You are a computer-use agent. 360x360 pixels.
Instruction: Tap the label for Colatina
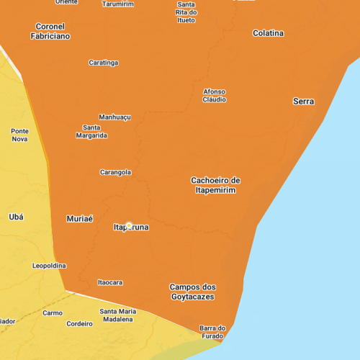pos(268,33)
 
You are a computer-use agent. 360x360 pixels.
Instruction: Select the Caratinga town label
pos(104,63)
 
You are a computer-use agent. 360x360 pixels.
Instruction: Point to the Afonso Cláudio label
pos(215,95)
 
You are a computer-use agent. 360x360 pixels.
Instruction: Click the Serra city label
pos(303,102)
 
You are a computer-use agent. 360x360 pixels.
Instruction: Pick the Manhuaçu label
pos(114,117)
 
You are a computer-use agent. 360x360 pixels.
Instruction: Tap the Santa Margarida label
pos(91,131)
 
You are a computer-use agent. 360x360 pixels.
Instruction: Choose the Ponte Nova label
pos(20,135)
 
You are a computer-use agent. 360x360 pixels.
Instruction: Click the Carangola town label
pos(115,172)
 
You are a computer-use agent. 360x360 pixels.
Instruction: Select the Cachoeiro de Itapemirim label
pos(215,185)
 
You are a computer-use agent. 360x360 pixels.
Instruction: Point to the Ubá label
pos(16,217)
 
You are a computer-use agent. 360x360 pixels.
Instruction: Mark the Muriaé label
pos(79,218)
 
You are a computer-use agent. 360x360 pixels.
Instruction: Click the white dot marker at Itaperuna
pos(129,226)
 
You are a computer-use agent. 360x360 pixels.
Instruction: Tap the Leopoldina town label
pos(50,265)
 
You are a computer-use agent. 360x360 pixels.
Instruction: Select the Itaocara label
pos(110,282)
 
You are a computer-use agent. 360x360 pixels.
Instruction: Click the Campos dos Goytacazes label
pos(192,292)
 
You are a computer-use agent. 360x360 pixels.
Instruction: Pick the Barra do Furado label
pos(212,332)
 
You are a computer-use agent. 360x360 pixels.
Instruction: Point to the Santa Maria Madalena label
pos(117,315)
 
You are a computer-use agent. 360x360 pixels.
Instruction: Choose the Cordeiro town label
pos(80,323)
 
